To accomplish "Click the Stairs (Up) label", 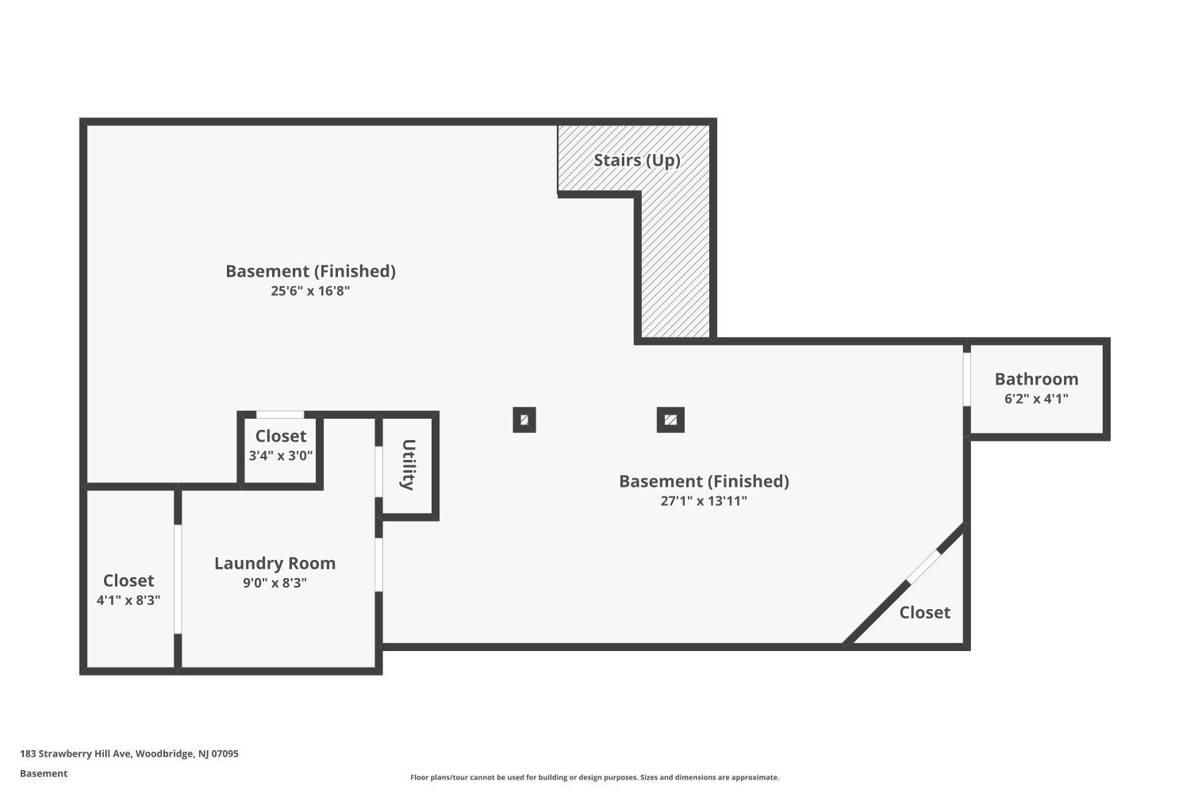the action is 636,160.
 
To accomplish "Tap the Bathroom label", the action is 1036,379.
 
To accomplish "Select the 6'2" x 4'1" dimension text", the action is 1036,398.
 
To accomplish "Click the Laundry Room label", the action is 274,564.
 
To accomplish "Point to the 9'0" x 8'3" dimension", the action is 274,583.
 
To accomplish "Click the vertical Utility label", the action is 408,465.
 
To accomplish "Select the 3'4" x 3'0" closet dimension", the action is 281,455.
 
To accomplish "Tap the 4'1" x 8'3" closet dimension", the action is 129,600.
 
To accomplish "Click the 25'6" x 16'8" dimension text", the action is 310,291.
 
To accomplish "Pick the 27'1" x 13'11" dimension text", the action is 704,501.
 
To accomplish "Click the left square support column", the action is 524,420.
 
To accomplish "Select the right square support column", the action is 670,420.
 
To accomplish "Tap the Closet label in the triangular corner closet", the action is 924,612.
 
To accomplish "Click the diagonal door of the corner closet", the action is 924,567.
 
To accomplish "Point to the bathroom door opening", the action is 967,379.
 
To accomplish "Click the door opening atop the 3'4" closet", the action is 280,414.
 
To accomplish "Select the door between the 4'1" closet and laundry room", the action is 178,579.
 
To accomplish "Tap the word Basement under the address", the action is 44,773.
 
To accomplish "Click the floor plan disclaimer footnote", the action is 594,777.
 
